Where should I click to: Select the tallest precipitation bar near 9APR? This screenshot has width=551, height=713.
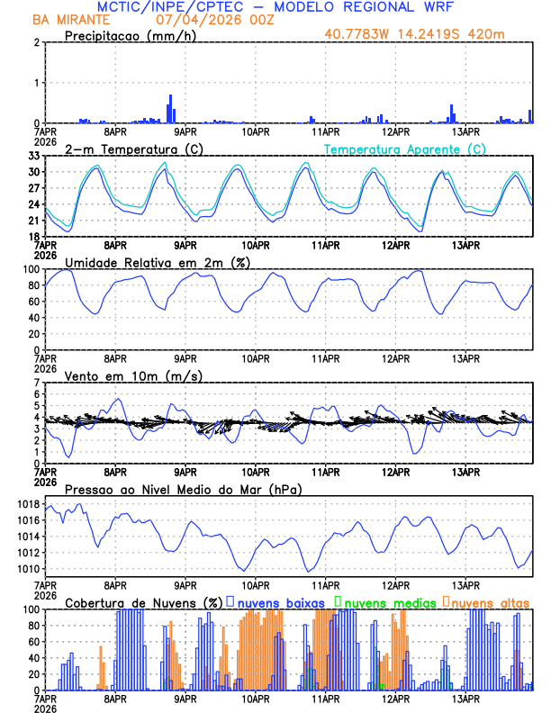(170, 109)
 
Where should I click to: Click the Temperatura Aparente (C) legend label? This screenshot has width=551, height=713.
(404, 149)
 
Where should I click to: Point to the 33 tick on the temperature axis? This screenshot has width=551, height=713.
(33, 156)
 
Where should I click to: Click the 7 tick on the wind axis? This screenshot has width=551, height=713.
(36, 383)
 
